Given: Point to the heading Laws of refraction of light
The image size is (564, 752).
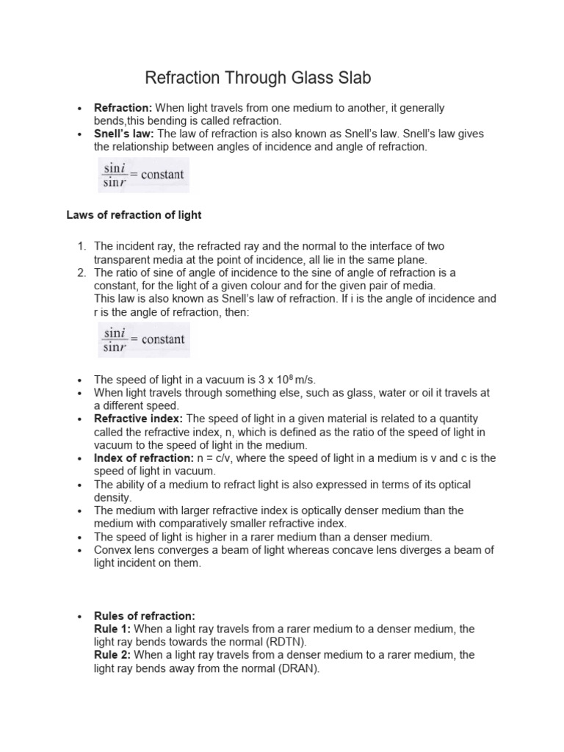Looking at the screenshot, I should tap(134, 215).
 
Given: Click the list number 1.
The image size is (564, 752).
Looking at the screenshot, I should tap(82, 246).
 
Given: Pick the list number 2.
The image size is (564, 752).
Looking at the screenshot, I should tap(82, 272).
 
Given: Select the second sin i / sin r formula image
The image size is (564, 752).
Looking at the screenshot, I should tap(143, 340).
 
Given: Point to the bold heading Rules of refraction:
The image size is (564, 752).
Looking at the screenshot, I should tap(145, 616).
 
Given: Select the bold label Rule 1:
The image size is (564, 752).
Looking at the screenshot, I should tap(112, 629).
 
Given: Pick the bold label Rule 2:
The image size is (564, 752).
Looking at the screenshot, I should tap(112, 655).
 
